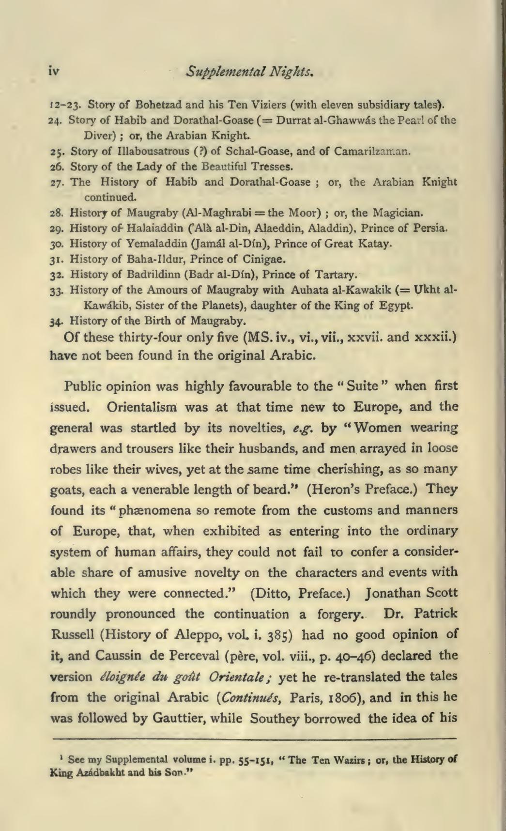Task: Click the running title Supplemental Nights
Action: pos(252,72)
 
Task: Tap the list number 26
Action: pos(55,168)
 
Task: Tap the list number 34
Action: pos(56,321)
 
